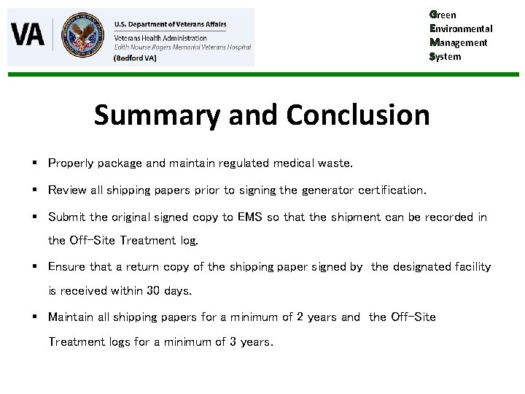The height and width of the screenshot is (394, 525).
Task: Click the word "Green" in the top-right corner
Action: (x=444, y=15)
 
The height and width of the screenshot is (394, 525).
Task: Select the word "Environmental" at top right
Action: (x=461, y=28)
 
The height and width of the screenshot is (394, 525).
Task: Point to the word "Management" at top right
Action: (x=459, y=42)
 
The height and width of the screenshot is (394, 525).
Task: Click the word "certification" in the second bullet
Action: (x=391, y=190)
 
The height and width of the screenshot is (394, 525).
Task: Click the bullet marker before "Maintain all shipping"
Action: (x=36, y=317)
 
